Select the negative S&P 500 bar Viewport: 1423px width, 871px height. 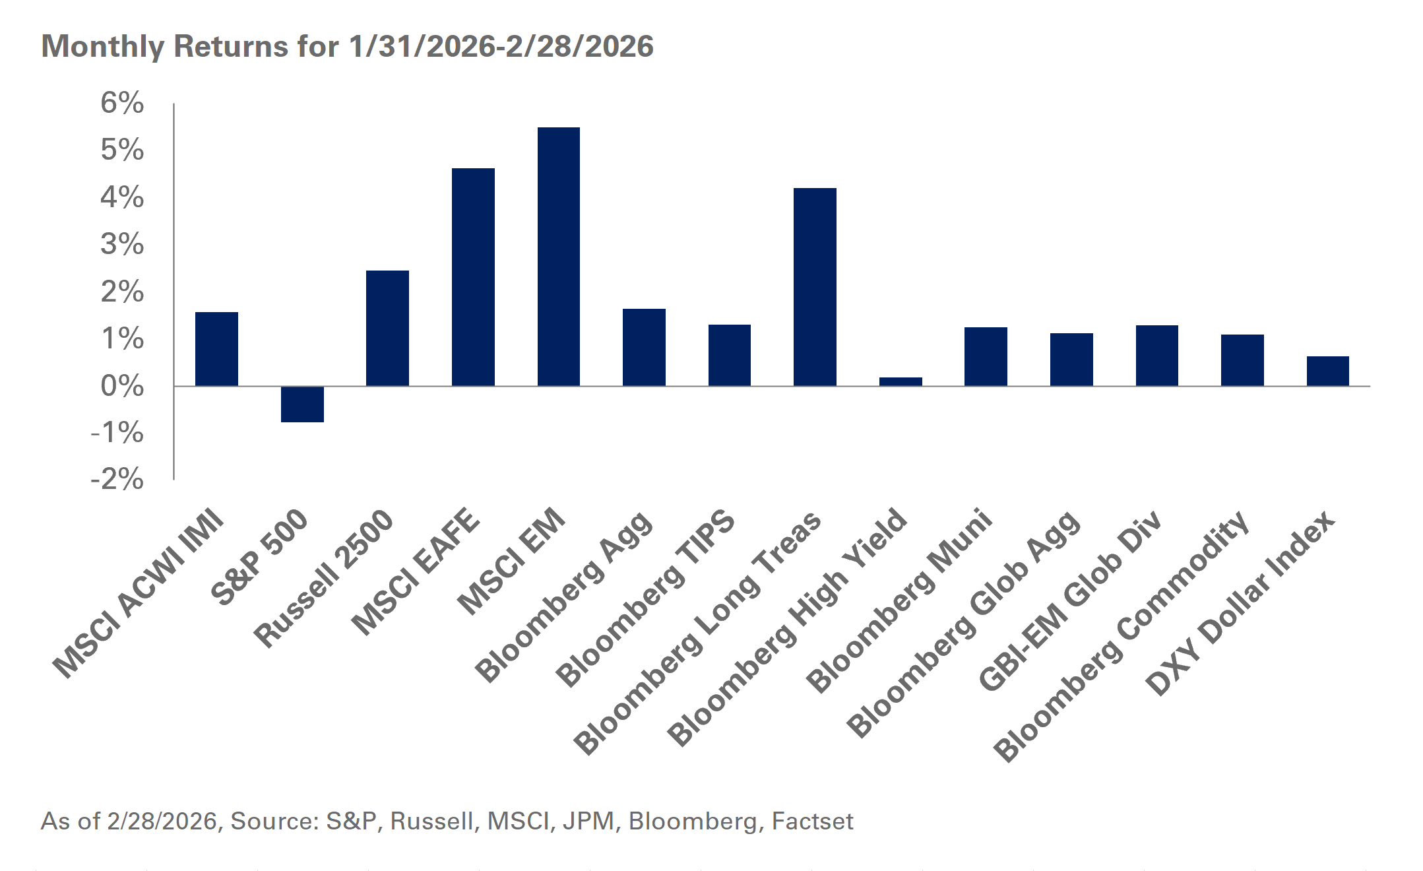(302, 404)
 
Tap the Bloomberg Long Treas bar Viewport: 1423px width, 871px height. (815, 287)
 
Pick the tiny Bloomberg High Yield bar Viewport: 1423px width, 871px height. (901, 381)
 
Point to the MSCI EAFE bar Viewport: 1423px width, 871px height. (473, 277)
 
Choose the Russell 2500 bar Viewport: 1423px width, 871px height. (387, 328)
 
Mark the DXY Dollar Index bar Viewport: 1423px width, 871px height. (1327, 371)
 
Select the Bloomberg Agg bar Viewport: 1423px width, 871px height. (644, 347)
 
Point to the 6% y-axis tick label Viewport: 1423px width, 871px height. (122, 103)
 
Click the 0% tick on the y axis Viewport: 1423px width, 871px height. (122, 386)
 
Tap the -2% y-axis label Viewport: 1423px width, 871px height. (117, 479)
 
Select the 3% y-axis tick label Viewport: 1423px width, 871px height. (122, 245)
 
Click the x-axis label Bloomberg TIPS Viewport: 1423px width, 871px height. (645, 597)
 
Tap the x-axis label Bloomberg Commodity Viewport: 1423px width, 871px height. (1122, 637)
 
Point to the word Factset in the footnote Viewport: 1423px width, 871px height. (812, 821)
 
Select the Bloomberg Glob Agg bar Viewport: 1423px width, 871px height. (1071, 360)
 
